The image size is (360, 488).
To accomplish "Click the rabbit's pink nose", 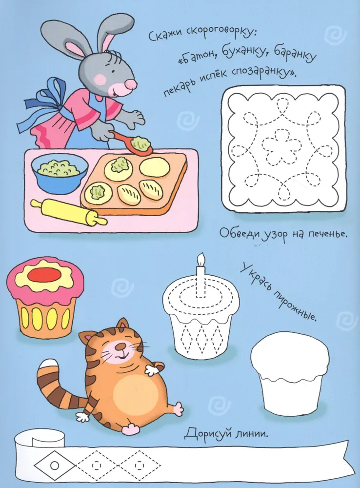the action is [131, 83].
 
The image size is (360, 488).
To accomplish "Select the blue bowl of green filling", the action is [59, 173].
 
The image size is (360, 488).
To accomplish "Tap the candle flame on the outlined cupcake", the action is [201, 260].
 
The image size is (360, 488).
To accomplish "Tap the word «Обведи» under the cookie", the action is [240, 234].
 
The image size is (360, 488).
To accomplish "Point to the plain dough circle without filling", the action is [155, 167].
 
